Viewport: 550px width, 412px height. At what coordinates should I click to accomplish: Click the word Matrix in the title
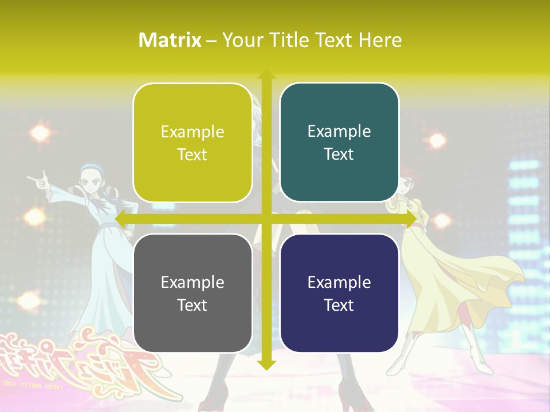point(170,40)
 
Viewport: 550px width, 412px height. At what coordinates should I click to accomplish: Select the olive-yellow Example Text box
point(192,143)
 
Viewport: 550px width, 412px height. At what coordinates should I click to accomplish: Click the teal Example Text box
point(339,142)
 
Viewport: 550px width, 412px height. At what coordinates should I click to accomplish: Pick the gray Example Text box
point(192,293)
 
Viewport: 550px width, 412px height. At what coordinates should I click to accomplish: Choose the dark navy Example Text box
point(339,293)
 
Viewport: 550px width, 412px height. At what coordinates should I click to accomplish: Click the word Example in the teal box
point(339,131)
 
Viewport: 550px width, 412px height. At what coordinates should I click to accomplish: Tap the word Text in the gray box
point(192,305)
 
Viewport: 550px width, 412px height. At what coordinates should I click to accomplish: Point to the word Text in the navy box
point(339,305)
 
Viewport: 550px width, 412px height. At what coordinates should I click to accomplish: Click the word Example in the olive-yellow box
point(192,132)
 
